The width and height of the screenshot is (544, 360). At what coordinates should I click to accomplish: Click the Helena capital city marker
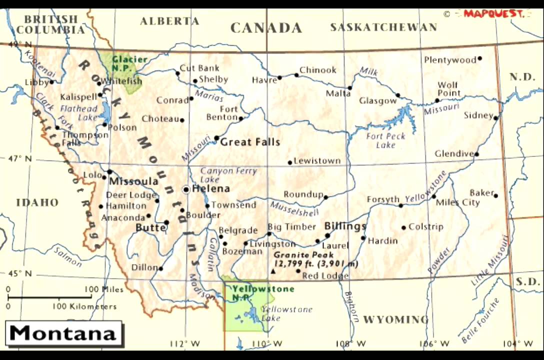[x=186, y=189]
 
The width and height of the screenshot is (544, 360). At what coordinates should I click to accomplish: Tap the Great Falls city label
[x=250, y=142]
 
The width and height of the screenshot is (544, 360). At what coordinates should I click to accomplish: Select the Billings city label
[x=345, y=226]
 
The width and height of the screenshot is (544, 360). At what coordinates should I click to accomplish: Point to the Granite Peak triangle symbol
[x=273, y=271]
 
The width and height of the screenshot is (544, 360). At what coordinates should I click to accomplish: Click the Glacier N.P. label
[x=129, y=63]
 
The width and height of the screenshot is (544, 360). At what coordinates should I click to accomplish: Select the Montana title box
[x=64, y=333]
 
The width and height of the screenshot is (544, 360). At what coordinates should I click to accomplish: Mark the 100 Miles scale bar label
[x=103, y=289]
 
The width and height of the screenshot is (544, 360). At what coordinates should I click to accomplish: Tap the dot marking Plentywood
[x=479, y=58]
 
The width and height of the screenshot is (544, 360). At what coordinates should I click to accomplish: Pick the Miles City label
[x=457, y=202]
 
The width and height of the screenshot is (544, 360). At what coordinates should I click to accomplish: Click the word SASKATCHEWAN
[x=383, y=27]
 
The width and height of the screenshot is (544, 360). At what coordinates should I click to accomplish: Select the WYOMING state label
[x=395, y=319]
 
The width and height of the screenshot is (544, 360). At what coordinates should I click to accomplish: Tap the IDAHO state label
[x=37, y=202]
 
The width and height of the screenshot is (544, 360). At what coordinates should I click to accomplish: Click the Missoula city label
[x=133, y=181]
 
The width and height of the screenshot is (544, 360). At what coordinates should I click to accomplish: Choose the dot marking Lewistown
[x=289, y=162]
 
